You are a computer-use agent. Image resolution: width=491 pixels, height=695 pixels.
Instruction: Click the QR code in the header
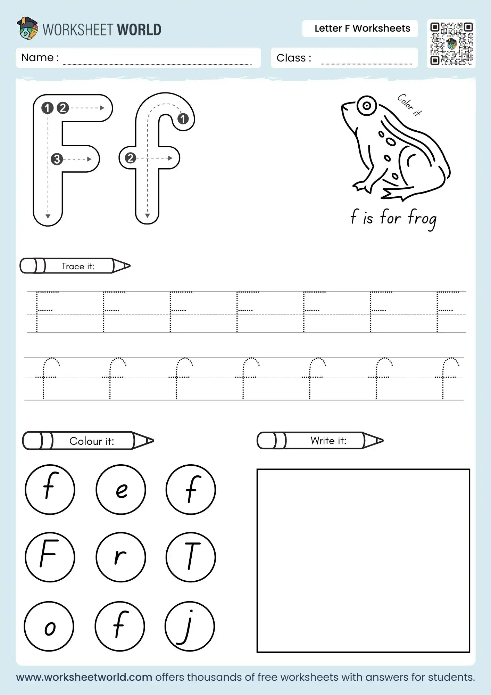point(451,44)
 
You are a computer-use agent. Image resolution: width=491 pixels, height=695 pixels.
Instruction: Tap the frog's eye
point(366,106)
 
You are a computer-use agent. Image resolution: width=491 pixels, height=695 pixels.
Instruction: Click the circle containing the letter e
point(121,490)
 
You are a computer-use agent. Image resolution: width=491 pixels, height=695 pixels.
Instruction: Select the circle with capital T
point(191,557)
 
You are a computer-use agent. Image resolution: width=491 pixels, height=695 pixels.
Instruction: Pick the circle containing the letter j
point(190,626)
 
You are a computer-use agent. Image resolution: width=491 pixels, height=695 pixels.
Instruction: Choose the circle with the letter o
point(49,626)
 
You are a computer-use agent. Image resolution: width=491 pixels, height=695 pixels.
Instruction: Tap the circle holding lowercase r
point(121,557)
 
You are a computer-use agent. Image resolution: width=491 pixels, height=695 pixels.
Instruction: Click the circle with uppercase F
point(50,557)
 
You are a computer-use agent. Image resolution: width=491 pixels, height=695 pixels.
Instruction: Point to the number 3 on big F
point(57,159)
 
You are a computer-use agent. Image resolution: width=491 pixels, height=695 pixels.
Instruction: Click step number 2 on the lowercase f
point(130,158)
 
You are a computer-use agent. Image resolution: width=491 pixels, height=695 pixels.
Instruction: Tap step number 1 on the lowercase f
point(183,119)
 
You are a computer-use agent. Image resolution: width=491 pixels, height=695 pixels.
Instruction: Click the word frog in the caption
point(422,219)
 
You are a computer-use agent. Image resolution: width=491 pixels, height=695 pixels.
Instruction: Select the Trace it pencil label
point(78,266)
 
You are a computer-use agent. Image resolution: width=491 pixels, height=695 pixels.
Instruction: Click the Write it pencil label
point(328,441)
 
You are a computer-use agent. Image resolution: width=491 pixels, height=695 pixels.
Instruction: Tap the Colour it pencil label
point(91,441)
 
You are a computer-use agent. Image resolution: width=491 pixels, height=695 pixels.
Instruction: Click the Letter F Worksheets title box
point(362,28)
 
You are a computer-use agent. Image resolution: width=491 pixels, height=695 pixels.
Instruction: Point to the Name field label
point(40,58)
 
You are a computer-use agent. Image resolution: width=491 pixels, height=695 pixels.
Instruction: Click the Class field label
point(293,58)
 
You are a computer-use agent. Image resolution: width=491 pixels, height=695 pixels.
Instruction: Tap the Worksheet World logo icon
point(27,28)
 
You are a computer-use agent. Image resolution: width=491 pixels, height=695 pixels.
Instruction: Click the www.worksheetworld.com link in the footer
point(84,677)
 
